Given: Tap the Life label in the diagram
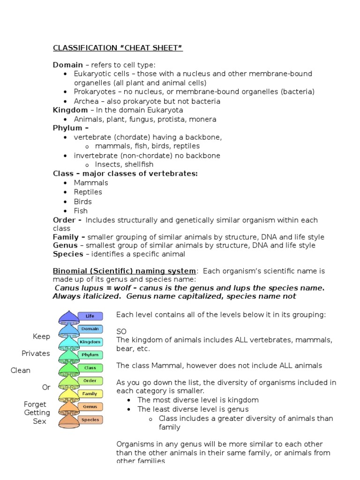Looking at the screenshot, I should (90, 316).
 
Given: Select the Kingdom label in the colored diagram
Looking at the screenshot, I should (90, 342).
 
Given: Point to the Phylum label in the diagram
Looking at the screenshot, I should (90, 355).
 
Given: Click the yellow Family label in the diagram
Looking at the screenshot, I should (90, 394).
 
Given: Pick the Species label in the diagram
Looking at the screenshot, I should (90, 420).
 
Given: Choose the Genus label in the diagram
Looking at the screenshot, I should (90, 407).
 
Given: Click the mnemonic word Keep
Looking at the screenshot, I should (41, 337).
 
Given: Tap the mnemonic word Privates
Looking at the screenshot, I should (36, 353).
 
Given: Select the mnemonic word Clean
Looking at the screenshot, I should (21, 370).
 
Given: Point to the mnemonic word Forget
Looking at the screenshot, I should (35, 404).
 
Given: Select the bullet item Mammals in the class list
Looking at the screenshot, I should (91, 183).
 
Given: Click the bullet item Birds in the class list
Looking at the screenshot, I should (83, 202).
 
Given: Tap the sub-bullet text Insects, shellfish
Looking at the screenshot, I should (124, 165).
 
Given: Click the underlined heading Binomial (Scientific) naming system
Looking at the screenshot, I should (124, 271).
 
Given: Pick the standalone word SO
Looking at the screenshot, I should (121, 331).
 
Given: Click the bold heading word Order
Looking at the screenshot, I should (64, 220).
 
